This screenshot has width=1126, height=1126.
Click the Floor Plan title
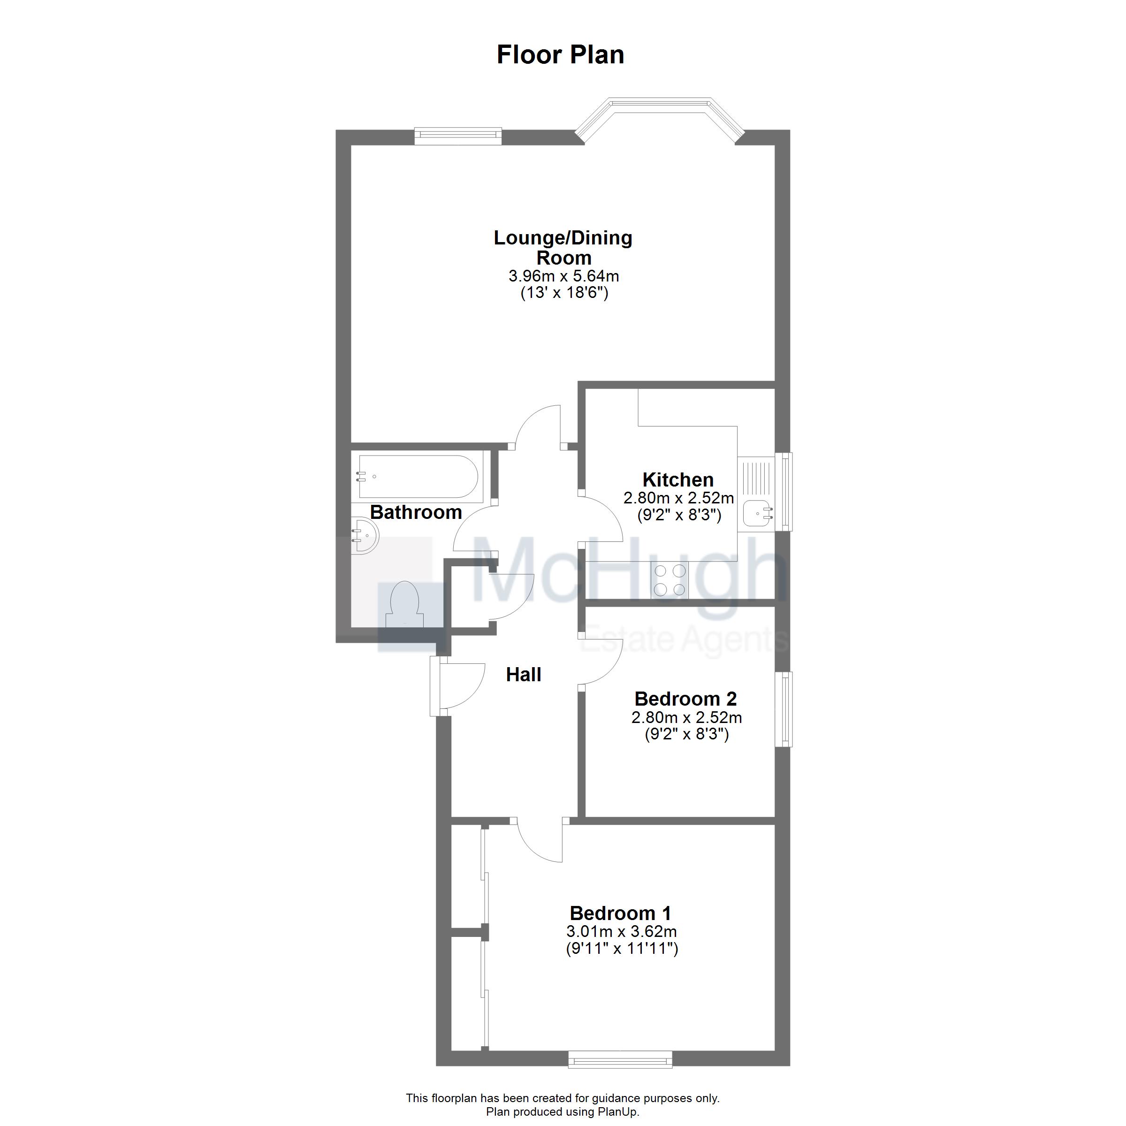tap(560, 55)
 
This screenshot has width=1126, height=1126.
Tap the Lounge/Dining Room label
tap(563, 247)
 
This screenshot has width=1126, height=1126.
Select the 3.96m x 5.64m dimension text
tap(563, 276)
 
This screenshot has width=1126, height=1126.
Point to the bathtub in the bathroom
tap(418, 477)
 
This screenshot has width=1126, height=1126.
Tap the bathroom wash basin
tap(365, 536)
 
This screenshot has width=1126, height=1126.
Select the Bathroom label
tap(416, 512)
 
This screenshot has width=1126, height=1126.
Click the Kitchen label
tap(678, 479)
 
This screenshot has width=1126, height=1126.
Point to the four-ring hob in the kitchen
tap(670, 580)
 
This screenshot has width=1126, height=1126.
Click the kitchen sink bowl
tap(756, 514)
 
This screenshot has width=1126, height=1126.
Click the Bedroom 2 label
tap(685, 698)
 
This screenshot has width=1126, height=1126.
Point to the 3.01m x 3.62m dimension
tap(621, 931)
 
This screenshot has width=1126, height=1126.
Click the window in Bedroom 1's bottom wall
tap(620, 1059)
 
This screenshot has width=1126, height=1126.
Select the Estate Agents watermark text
tap(682, 640)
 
